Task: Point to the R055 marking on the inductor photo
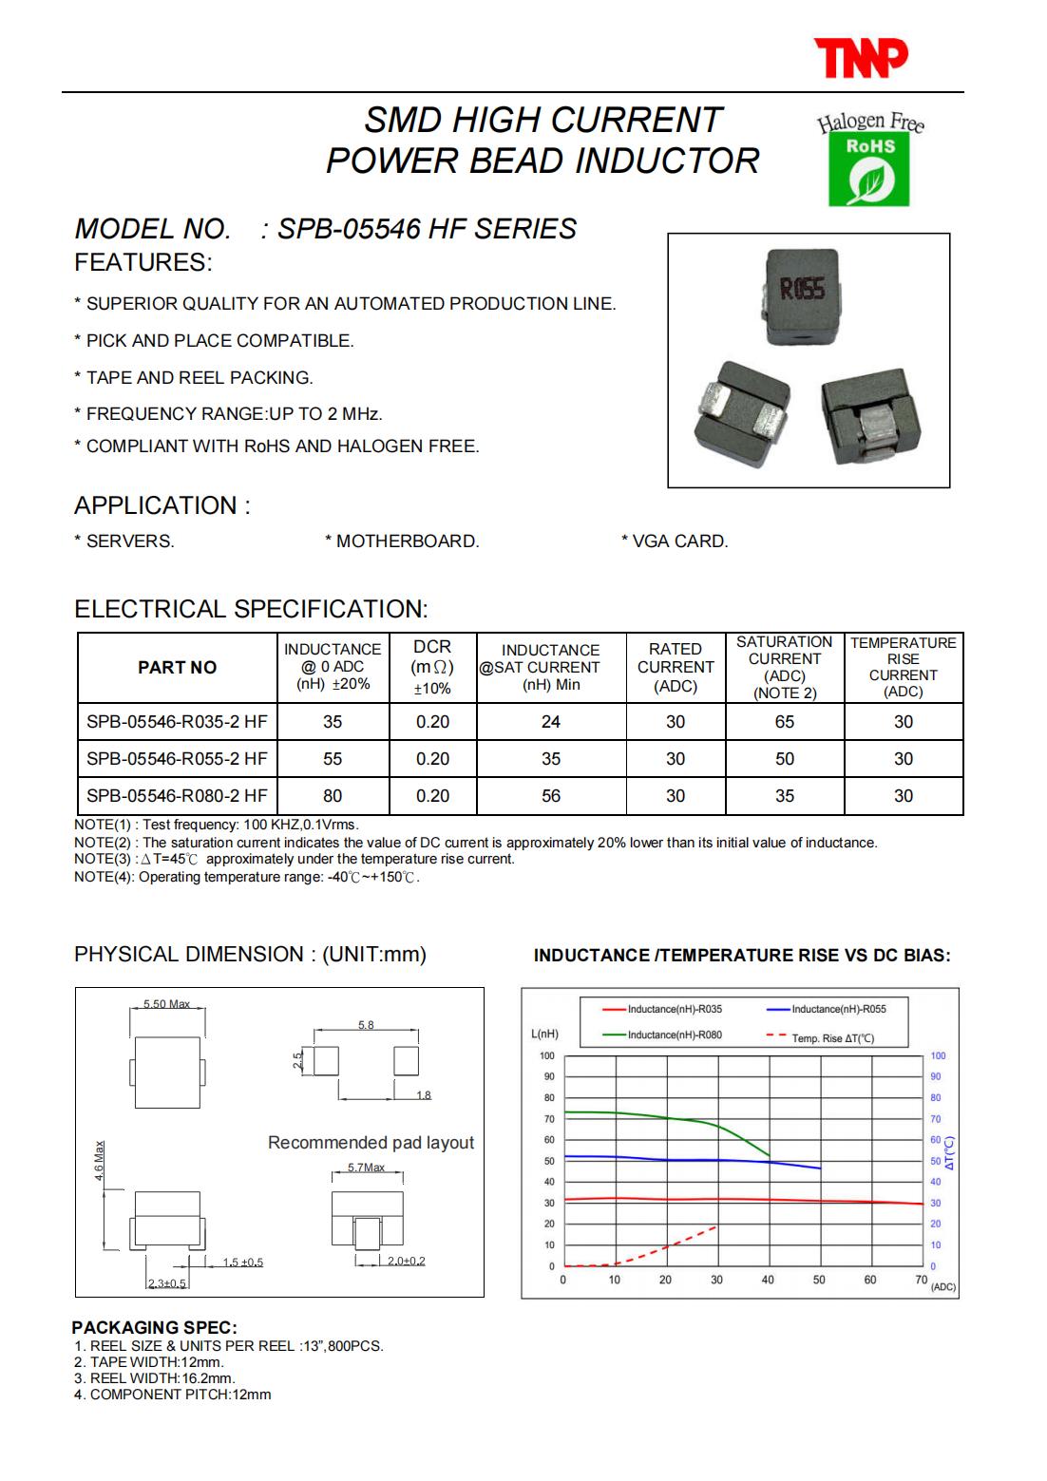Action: pyautogui.click(x=801, y=289)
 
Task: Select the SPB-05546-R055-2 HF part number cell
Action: pyautogui.click(x=177, y=759)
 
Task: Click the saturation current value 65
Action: pyautogui.click(x=784, y=722)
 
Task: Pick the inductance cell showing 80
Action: pyautogui.click(x=333, y=796)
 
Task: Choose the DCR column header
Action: pyautogui.click(x=432, y=667)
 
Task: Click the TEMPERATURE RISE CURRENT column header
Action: pyautogui.click(x=903, y=667)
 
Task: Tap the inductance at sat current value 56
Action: pyautogui.click(x=551, y=796)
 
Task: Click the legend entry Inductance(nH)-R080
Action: pyautogui.click(x=674, y=1035)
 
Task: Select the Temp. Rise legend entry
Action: pyautogui.click(x=830, y=1038)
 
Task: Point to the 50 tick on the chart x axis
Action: pyautogui.click(x=819, y=1280)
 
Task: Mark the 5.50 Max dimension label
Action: pyautogui.click(x=167, y=1004)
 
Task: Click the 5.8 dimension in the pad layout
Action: pyautogui.click(x=366, y=1025)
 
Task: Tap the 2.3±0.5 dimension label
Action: pyautogui.click(x=167, y=1283)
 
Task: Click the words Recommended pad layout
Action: pyautogui.click(x=371, y=1143)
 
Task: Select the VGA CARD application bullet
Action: pyautogui.click(x=675, y=541)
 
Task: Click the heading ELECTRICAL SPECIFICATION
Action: pyautogui.click(x=252, y=609)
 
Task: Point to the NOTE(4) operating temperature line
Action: pyautogui.click(x=247, y=877)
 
